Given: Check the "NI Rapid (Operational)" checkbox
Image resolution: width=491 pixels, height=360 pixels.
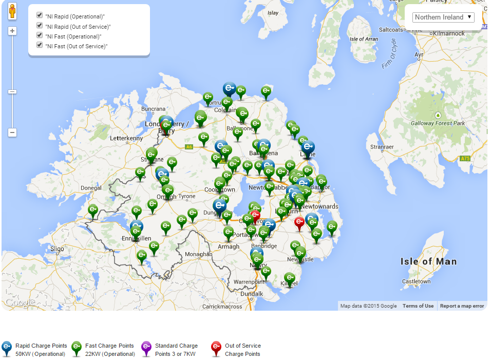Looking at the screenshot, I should pyautogui.click(x=40, y=15).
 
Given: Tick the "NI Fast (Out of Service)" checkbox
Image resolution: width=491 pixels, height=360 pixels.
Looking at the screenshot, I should pyautogui.click(x=40, y=45).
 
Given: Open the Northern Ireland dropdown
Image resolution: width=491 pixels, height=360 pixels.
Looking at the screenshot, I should pyautogui.click(x=443, y=17).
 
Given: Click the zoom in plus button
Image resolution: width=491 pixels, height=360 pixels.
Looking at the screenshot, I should pyautogui.click(x=12, y=31).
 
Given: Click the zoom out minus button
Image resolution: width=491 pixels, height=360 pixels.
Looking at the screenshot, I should pyautogui.click(x=12, y=132).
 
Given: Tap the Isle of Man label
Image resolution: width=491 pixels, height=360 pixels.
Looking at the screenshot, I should pyautogui.click(x=428, y=261).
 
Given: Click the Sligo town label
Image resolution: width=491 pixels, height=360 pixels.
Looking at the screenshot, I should pyautogui.click(x=57, y=249).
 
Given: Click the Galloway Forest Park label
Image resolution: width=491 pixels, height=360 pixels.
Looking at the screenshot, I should pyautogui.click(x=438, y=123).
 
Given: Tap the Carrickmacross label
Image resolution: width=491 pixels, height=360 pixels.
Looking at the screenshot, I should pyautogui.click(x=222, y=307).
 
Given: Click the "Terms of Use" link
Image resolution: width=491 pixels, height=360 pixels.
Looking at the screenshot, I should pyautogui.click(x=418, y=306).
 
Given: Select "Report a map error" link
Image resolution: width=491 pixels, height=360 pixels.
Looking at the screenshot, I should pyautogui.click(x=462, y=306).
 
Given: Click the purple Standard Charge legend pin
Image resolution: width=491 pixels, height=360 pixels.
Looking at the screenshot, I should pyautogui.click(x=146, y=348).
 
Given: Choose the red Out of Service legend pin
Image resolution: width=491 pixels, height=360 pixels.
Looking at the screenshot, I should pyautogui.click(x=216, y=348).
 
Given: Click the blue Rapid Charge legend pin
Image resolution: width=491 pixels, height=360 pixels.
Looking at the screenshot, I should pyautogui.click(x=7, y=348).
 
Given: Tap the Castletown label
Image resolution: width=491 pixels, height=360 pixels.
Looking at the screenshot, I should pyautogui.click(x=416, y=281).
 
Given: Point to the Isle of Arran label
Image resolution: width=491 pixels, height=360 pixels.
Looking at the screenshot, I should pyautogui.click(x=364, y=39).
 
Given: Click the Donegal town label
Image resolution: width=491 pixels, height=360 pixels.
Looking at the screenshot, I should pyautogui.click(x=91, y=188).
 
